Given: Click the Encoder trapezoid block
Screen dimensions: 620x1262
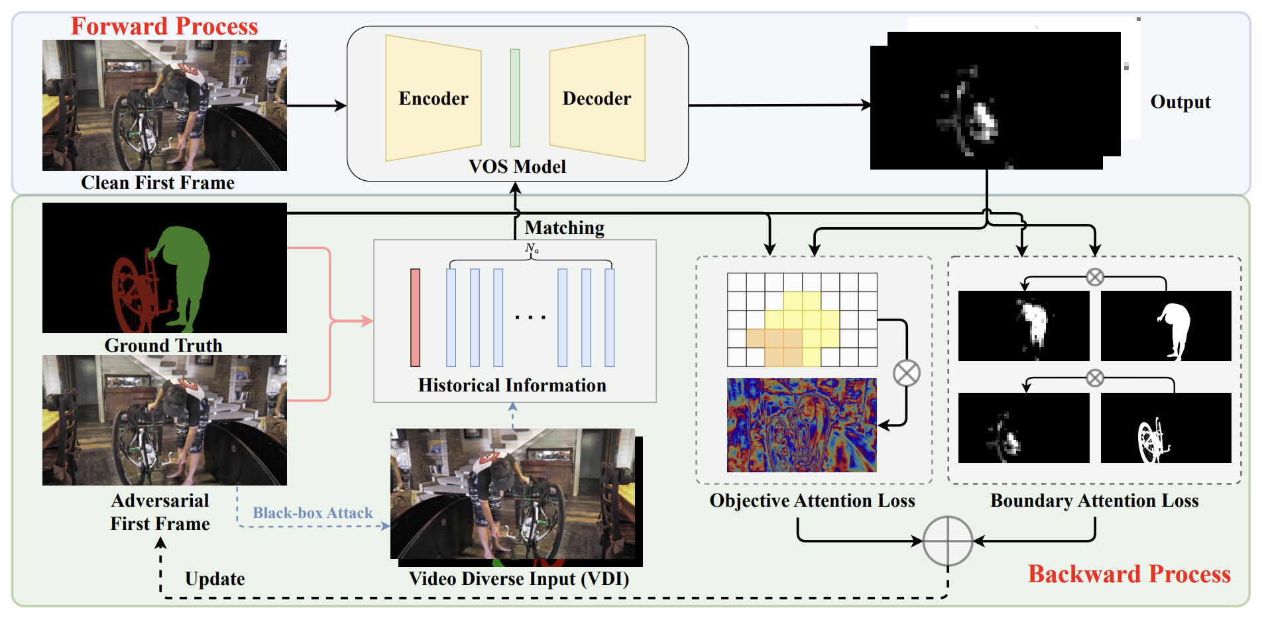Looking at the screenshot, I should tap(433, 98).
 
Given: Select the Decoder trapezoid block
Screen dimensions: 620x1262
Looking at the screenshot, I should tap(597, 98).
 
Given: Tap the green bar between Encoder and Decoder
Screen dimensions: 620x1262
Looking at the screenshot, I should tap(515, 98).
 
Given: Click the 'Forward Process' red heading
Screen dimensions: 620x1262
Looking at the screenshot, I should tap(164, 26).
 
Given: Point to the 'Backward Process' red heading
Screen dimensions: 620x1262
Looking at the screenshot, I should tap(1129, 574).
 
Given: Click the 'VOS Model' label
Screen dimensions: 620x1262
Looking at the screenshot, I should tap(517, 167).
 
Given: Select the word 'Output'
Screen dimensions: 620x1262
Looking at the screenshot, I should tap(1180, 102).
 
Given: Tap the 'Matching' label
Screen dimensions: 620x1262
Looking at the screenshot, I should tap(565, 228).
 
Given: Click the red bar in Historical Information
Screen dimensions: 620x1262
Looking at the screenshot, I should tap(416, 318).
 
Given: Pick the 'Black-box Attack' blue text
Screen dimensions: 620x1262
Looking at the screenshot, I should tap(313, 513).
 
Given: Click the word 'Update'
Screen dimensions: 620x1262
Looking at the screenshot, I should tap(215, 579).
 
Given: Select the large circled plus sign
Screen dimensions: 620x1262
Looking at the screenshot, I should tap(948, 541).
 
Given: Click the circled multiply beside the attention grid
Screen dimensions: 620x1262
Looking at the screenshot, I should tap(906, 373).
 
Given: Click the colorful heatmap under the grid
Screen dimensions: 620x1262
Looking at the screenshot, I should tap(801, 425).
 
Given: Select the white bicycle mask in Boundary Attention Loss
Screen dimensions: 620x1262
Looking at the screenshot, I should tap(1152, 440).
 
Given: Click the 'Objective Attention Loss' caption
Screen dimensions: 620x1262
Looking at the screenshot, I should tap(812, 501).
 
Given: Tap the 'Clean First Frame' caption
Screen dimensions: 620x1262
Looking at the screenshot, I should tap(158, 183).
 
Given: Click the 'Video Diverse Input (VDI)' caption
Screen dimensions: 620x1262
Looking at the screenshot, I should tap(519, 579).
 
